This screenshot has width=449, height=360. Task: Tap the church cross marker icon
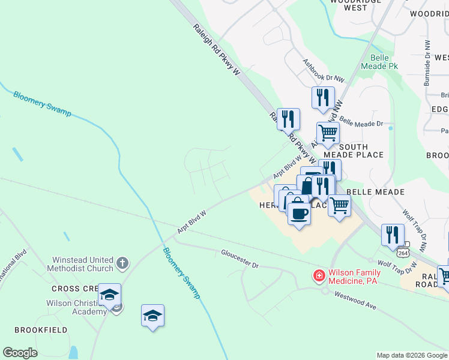(122, 262)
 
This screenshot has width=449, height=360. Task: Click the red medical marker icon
(319, 276)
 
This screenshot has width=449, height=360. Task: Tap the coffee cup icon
(299, 214)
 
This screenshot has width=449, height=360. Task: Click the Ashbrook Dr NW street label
(323, 71)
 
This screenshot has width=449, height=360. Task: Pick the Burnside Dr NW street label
(427, 63)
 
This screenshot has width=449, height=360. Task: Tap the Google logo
(20, 353)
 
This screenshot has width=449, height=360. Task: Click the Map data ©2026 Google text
(411, 355)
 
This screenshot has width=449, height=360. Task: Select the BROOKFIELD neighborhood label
(41, 330)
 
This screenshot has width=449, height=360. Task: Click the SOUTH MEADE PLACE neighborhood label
(361, 151)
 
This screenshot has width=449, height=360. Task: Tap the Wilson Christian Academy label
(76, 307)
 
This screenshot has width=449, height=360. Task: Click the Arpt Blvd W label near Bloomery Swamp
(191, 221)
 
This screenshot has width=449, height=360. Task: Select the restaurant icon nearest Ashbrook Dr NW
(323, 98)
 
